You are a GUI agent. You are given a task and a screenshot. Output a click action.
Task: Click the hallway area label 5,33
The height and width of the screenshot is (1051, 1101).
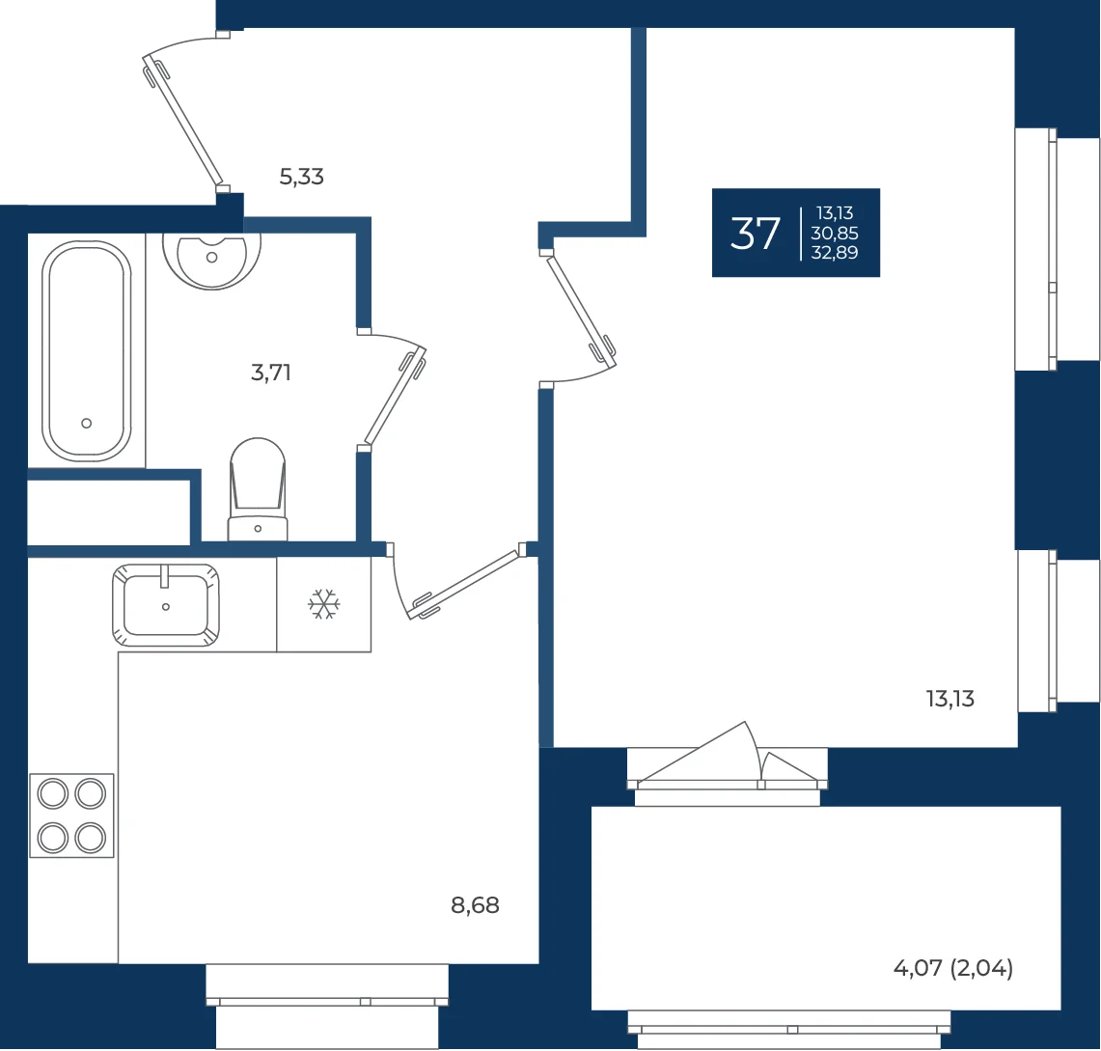tap(301, 177)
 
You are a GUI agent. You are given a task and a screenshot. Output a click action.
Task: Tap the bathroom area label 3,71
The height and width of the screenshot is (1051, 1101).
tap(271, 373)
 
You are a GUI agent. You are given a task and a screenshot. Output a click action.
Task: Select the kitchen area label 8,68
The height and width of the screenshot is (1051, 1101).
tap(475, 905)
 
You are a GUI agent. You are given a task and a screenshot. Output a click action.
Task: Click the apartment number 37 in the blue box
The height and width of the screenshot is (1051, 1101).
tap(755, 234)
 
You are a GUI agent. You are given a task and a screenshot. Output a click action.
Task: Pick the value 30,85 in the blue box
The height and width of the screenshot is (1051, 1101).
tap(835, 234)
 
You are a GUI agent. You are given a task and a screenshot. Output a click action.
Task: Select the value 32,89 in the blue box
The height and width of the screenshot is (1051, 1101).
tap(835, 252)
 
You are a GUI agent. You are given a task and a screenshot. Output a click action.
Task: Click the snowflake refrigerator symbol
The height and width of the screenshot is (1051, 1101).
tap(323, 604)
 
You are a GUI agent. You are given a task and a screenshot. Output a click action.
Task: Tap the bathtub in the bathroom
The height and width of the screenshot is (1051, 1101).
tap(87, 350)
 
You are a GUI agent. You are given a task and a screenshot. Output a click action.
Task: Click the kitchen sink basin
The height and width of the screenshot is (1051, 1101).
tap(166, 604)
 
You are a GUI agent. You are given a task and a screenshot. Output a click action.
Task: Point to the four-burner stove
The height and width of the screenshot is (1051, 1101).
tap(71, 816)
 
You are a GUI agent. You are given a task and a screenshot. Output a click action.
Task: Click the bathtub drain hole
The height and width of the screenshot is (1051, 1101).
tap(87, 424)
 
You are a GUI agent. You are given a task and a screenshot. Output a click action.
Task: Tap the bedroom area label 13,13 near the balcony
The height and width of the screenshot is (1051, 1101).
tap(950, 699)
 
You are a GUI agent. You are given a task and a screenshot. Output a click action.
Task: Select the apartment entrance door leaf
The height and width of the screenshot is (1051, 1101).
tap(183, 124)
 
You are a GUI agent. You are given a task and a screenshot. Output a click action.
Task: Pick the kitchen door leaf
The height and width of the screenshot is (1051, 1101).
tap(466, 584)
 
